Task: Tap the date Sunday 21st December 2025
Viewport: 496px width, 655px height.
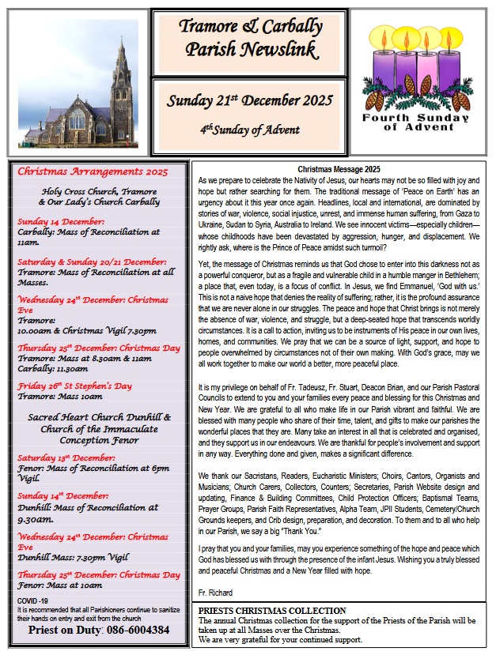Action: [249, 101]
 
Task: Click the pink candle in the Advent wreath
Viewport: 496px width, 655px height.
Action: [428, 59]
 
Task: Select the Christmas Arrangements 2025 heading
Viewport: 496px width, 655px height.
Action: [93, 171]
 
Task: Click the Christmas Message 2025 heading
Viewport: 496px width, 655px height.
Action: [339, 169]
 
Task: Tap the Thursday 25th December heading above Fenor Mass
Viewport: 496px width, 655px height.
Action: [99, 574]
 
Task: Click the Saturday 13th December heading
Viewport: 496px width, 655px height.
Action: [66, 457]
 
